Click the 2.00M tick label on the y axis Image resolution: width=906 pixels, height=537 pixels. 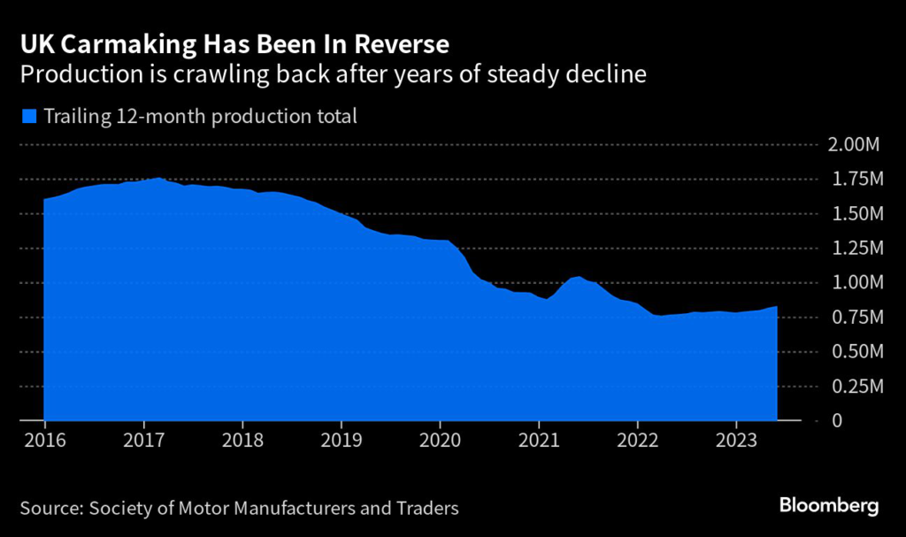pos(856,145)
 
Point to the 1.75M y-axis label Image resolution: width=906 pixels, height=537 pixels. pos(856,180)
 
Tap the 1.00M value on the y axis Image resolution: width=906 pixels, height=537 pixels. pos(856,283)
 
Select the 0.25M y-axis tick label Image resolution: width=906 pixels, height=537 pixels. pos(856,387)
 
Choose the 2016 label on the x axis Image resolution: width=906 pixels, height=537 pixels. pos(43,441)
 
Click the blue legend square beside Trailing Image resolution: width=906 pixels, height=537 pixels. pos(30,116)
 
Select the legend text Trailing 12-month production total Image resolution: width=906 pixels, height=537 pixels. pos(200,116)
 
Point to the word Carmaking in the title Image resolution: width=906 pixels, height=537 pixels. pos(102,43)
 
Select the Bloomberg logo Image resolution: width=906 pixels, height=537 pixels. pos(829,506)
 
